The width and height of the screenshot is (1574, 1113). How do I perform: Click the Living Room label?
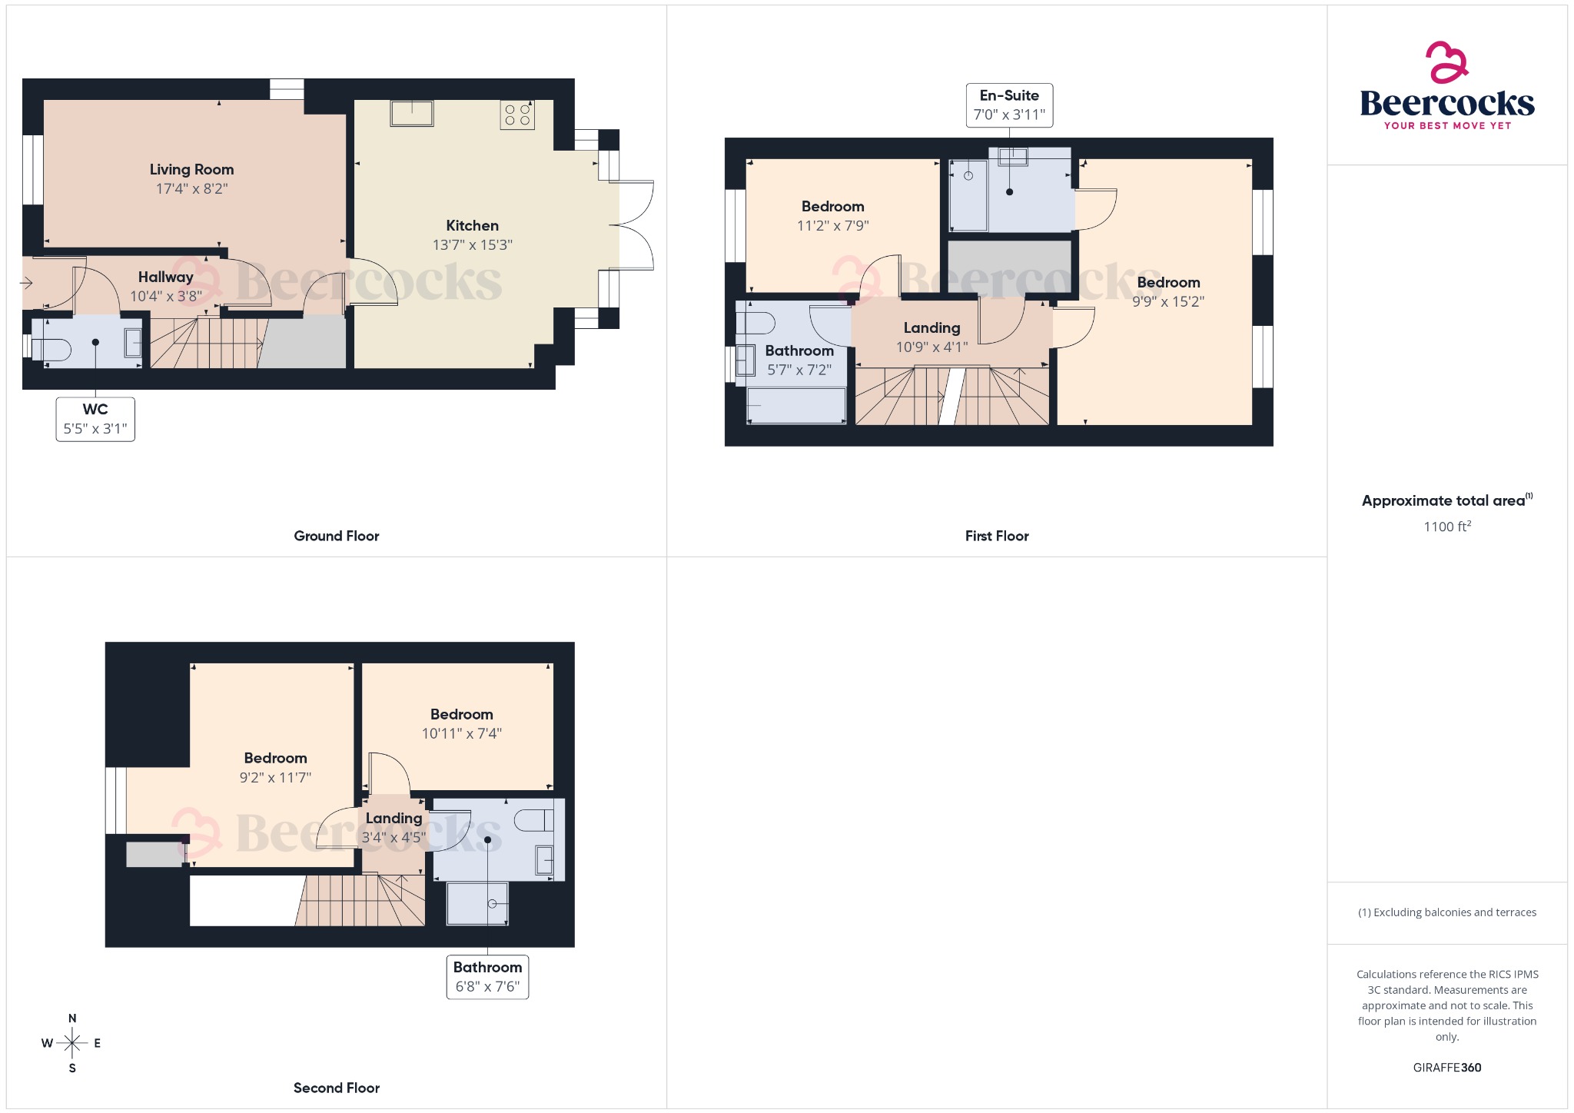click(191, 170)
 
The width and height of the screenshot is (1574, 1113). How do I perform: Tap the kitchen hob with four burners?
click(517, 115)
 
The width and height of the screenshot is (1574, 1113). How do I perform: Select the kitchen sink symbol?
click(412, 113)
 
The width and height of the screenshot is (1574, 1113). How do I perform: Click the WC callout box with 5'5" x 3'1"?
click(95, 419)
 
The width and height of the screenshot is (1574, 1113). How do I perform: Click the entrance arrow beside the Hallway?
click(27, 283)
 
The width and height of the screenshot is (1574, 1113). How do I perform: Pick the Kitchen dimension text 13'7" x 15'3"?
click(472, 245)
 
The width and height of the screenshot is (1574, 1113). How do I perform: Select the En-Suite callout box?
click(1009, 105)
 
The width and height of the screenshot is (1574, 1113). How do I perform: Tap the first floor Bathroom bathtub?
click(796, 405)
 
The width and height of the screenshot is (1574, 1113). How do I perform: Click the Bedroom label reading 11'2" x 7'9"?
click(832, 207)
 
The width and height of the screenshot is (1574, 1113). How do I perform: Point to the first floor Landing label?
click(931, 328)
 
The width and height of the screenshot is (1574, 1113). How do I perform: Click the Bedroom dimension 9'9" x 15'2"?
click(1167, 302)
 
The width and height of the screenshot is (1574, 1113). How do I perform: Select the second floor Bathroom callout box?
click(487, 977)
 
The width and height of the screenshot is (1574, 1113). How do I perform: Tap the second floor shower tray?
click(477, 903)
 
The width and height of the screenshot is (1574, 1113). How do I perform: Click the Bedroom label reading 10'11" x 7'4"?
click(461, 715)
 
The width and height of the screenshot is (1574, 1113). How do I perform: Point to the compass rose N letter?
click(72, 1018)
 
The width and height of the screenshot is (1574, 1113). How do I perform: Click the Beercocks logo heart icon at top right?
click(1446, 62)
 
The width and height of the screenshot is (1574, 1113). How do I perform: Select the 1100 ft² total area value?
click(1446, 527)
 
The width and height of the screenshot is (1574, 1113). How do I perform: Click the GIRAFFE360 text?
click(1446, 1068)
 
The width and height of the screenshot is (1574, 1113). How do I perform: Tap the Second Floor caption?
click(337, 1088)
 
